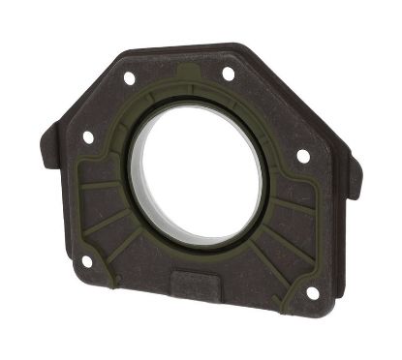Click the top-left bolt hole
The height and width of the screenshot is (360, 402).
[129, 77]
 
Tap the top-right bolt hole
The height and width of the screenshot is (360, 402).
[229, 74]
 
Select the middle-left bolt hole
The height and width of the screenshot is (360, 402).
[88, 137]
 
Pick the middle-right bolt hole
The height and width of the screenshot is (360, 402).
[303, 156]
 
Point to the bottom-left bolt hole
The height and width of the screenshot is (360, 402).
[86, 261]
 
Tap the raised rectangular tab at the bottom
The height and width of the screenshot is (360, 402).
[200, 285]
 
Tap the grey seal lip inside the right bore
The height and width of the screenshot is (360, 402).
[254, 189]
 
